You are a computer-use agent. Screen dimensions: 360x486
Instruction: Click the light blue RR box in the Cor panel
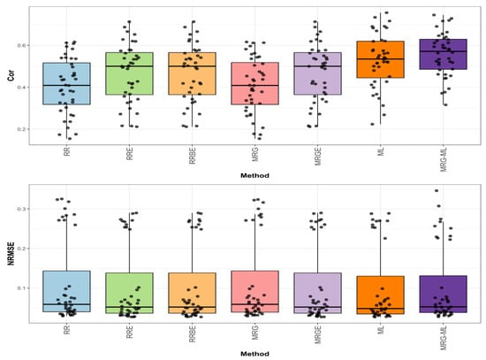click(66, 84)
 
